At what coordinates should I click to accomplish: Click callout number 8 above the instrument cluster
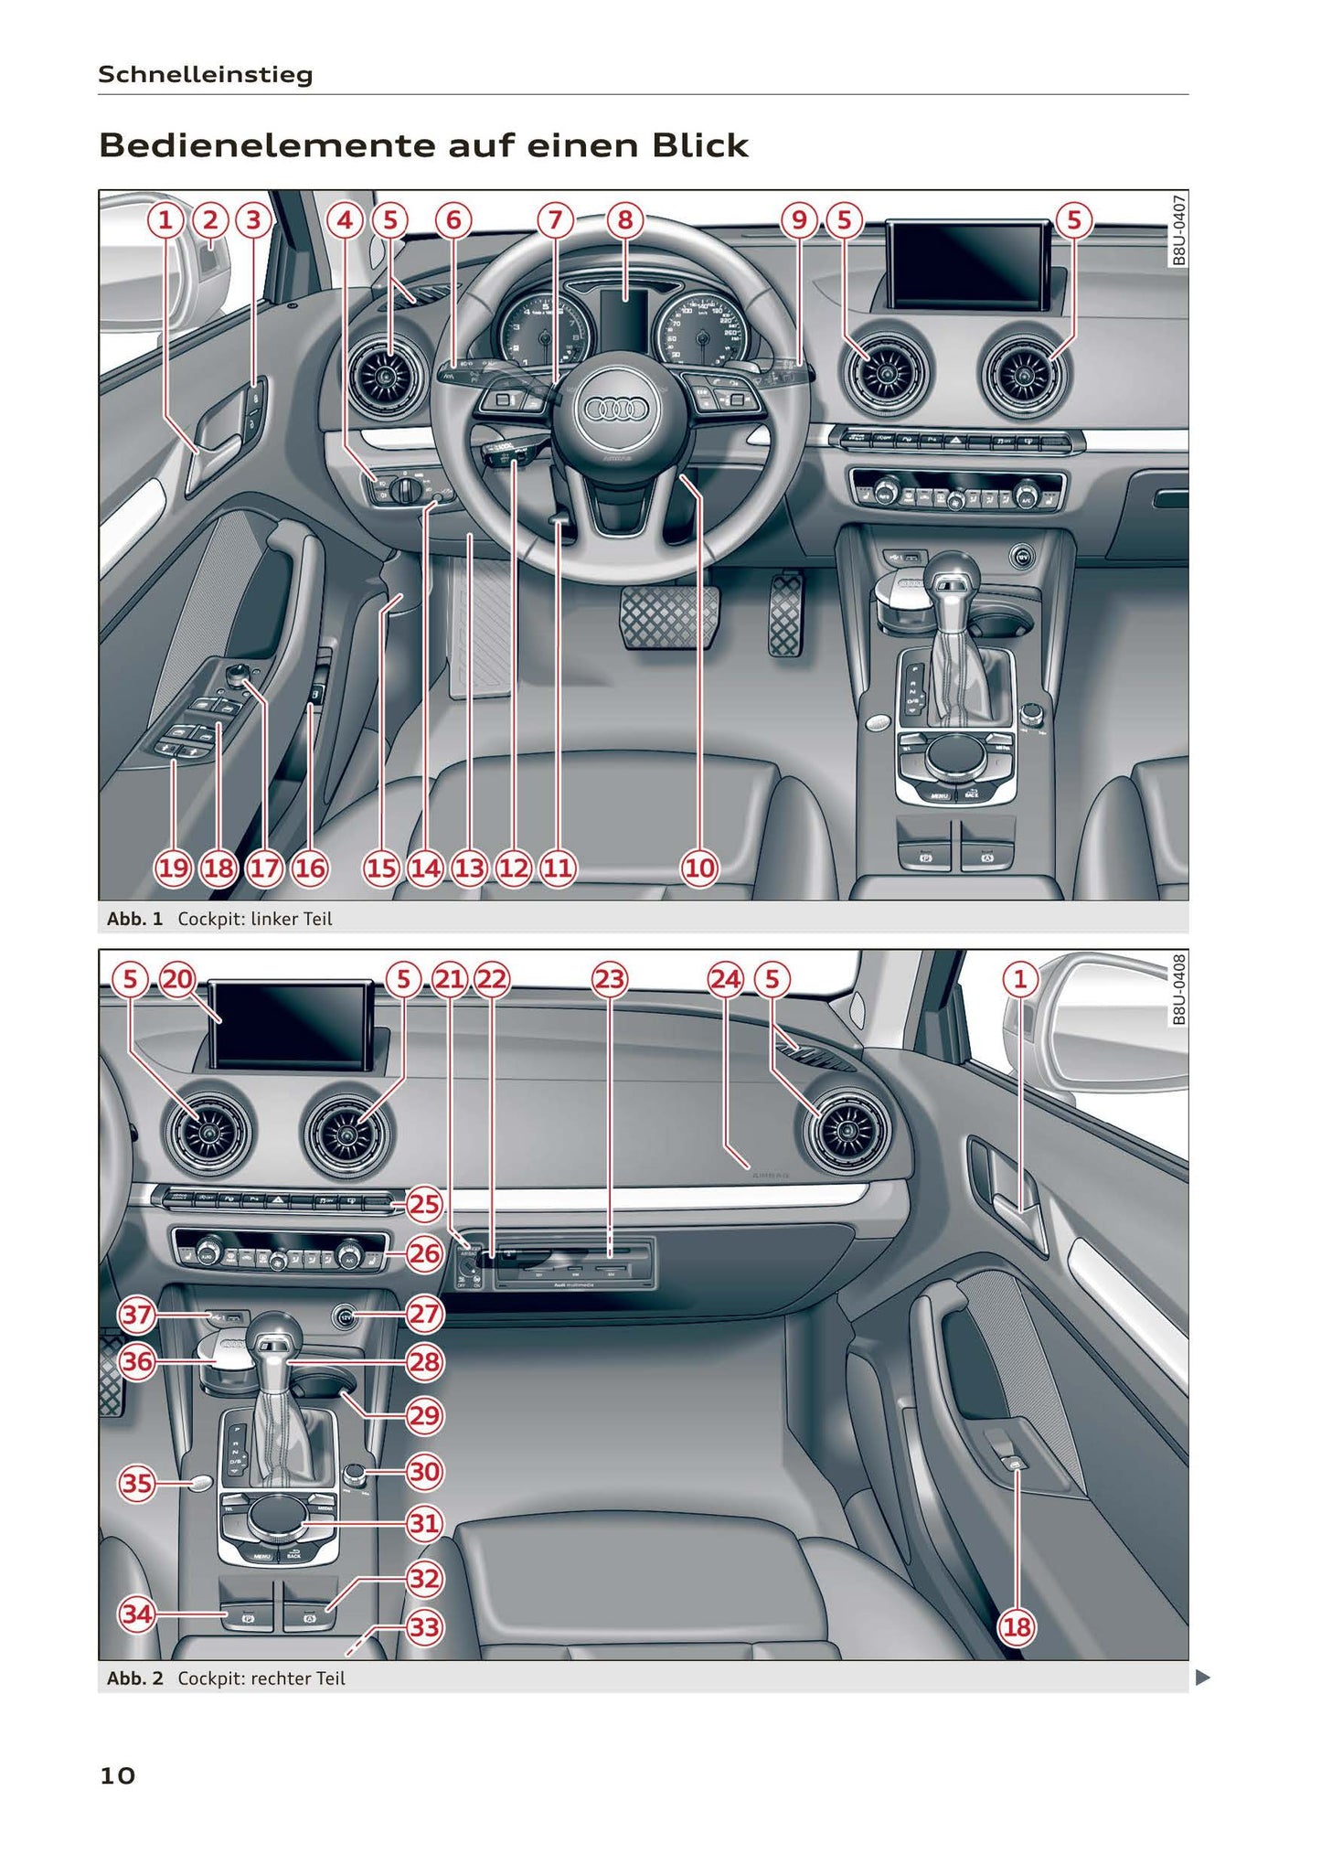pyautogui.click(x=625, y=220)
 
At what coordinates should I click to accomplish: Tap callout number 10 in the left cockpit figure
pyautogui.click(x=699, y=868)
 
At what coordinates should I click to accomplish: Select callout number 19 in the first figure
pyautogui.click(x=173, y=868)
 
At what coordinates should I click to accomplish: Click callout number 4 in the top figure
pyautogui.click(x=345, y=220)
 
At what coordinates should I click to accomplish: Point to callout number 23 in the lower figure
pyautogui.click(x=610, y=980)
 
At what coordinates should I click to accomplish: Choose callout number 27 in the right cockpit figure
pyautogui.click(x=424, y=1315)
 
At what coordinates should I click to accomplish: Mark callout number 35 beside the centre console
pyautogui.click(x=137, y=1483)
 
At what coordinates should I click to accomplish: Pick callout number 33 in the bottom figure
pyautogui.click(x=424, y=1627)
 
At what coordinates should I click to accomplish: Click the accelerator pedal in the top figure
pyautogui.click(x=785, y=613)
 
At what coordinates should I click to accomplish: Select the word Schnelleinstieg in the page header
pyautogui.click(x=205, y=74)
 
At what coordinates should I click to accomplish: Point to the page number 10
pyautogui.click(x=117, y=1775)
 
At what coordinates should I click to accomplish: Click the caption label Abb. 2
pyautogui.click(x=134, y=1678)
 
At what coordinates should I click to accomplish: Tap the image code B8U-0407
pyautogui.click(x=1179, y=229)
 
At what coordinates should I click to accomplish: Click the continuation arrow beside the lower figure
pyautogui.click(x=1203, y=1678)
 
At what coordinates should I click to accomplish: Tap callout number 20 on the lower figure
pyautogui.click(x=177, y=980)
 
